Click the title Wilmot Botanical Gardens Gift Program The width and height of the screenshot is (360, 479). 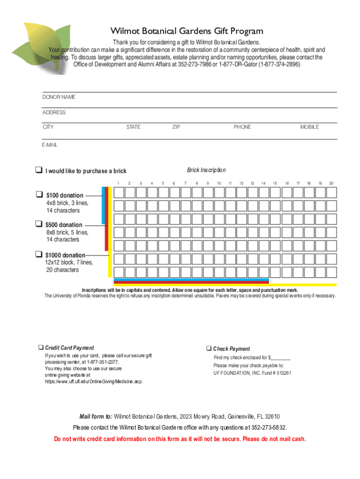click(x=187, y=31)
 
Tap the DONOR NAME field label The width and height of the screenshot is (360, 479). click(x=59, y=97)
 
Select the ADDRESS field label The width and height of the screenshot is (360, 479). click(x=54, y=112)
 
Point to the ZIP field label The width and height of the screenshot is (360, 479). click(x=176, y=127)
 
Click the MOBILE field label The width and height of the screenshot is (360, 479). click(x=310, y=127)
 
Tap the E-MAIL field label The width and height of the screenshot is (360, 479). click(x=50, y=145)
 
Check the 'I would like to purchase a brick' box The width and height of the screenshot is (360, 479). click(x=39, y=170)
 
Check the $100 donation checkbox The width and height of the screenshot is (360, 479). click(x=39, y=195)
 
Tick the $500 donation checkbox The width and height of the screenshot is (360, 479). click(x=39, y=224)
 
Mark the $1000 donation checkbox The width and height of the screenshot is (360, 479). click(x=39, y=254)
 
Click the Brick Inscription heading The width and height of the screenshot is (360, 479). click(x=206, y=170)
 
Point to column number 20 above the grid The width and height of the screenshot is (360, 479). click(x=331, y=183)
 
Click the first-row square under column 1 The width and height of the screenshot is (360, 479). click(x=119, y=193)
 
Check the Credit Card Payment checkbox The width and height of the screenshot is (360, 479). click(x=41, y=348)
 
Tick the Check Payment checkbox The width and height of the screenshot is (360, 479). click(x=209, y=348)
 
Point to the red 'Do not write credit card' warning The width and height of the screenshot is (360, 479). click(x=180, y=439)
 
